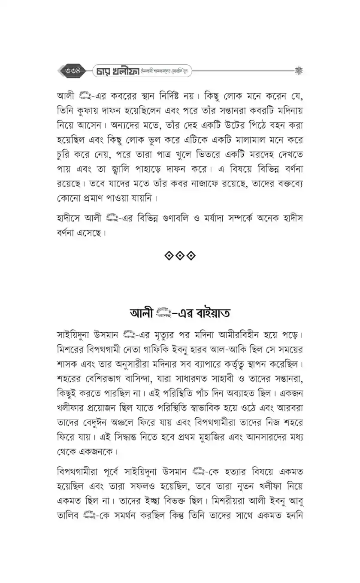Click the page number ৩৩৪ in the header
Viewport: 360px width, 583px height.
[x=73, y=70]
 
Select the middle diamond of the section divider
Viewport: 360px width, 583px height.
[x=180, y=255]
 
